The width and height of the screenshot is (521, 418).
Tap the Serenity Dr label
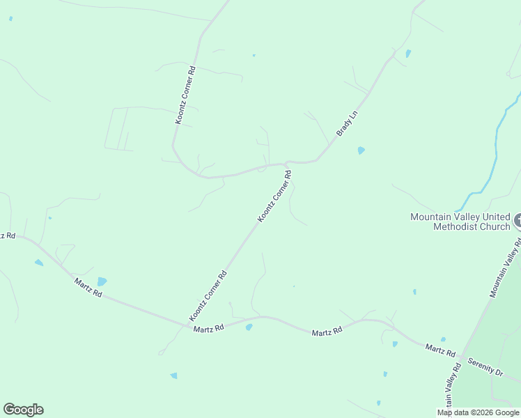pyautogui.click(x=485, y=367)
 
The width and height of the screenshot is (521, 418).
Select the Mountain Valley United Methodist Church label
pyautogui.click(x=460, y=222)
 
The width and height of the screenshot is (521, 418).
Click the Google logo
pyautogui.click(x=23, y=410)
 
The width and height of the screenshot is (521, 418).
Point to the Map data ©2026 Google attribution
pyautogui.click(x=477, y=412)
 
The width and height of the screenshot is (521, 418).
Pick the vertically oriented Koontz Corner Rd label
pyautogui.click(x=185, y=95)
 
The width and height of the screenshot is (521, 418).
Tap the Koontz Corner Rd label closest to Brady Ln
pyautogui.click(x=274, y=196)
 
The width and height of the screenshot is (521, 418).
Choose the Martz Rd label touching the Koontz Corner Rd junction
pyautogui.click(x=209, y=328)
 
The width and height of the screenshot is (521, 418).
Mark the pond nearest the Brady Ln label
pyautogui.click(x=361, y=150)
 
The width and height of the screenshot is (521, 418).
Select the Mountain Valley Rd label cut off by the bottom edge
pyautogui.click(x=450, y=390)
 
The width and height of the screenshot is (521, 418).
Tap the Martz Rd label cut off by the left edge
pyautogui.click(x=7, y=236)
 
